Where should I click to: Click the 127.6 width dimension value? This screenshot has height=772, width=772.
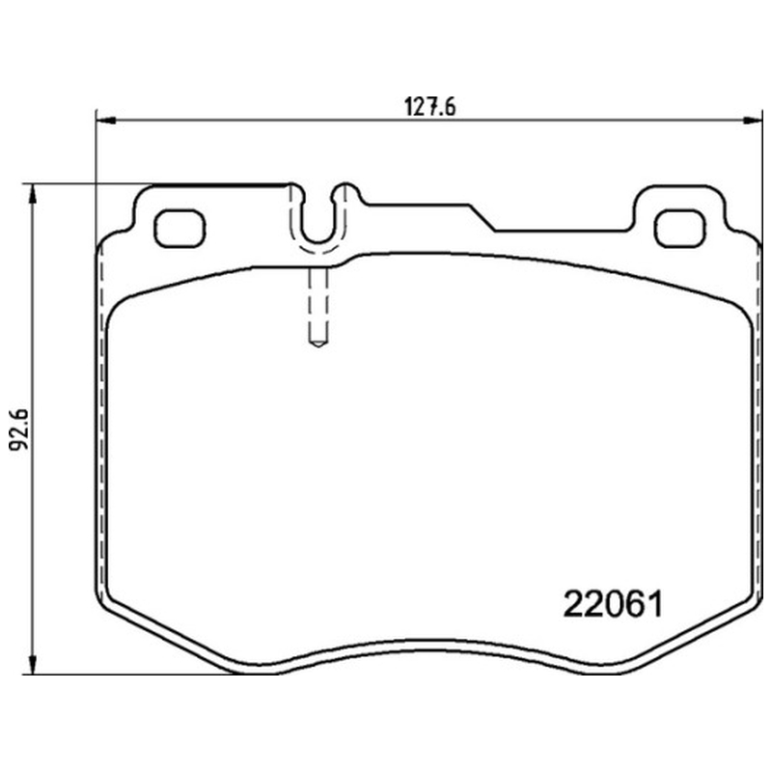point(429,107)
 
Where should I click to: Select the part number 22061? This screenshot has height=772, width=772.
point(613,604)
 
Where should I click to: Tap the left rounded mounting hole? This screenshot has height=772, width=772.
point(179,228)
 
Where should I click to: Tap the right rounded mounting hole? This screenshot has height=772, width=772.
point(679,228)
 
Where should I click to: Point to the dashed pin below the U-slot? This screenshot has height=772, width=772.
point(318,306)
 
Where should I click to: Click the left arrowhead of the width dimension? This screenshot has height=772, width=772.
point(105,120)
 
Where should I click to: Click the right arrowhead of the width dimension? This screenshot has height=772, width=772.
point(754,120)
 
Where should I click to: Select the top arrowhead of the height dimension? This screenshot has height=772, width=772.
point(33,194)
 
